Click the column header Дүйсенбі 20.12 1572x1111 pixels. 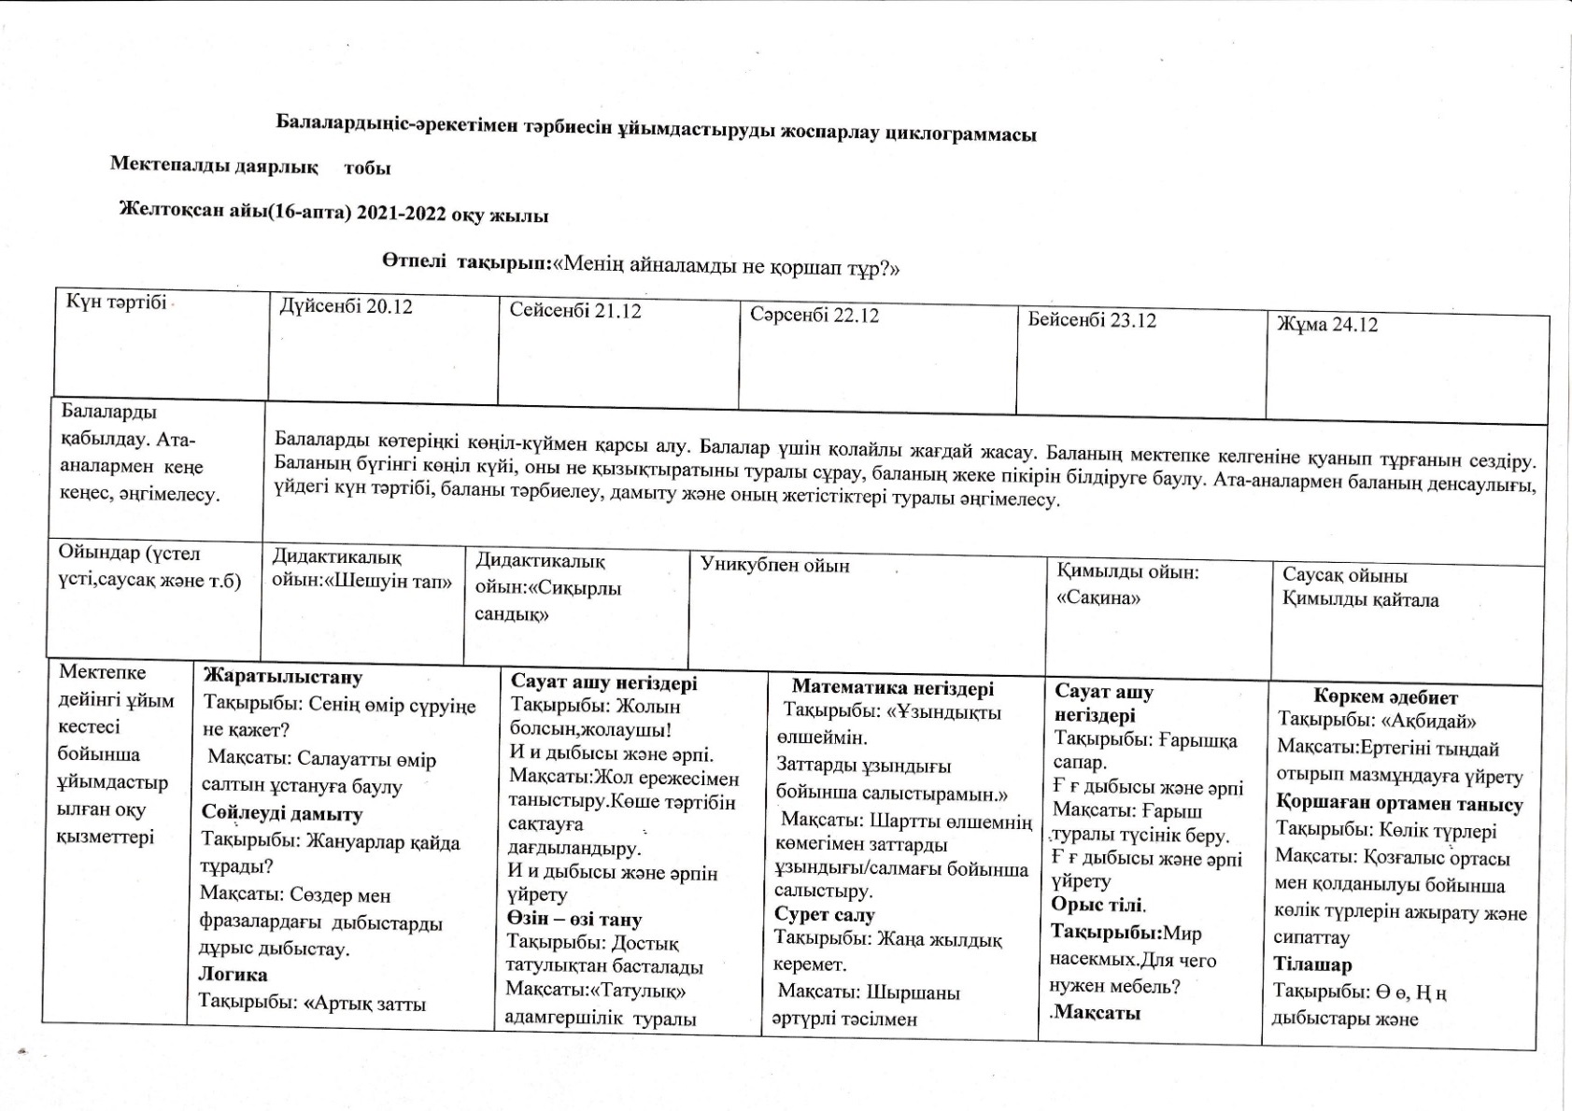click(346, 307)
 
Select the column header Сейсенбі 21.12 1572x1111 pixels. click(575, 311)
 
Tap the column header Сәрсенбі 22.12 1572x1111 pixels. click(814, 315)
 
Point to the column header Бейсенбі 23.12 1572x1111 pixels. click(1092, 320)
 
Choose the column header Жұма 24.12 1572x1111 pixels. click(1327, 325)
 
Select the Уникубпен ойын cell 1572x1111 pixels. click(775, 565)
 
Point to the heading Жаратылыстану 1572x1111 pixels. click(283, 677)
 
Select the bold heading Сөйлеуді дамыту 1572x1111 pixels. click(282, 813)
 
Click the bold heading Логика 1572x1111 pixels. click(233, 974)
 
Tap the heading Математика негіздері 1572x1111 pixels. click(893, 689)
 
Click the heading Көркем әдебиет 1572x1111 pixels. click(1386, 696)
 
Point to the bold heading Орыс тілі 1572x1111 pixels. click(1097, 905)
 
